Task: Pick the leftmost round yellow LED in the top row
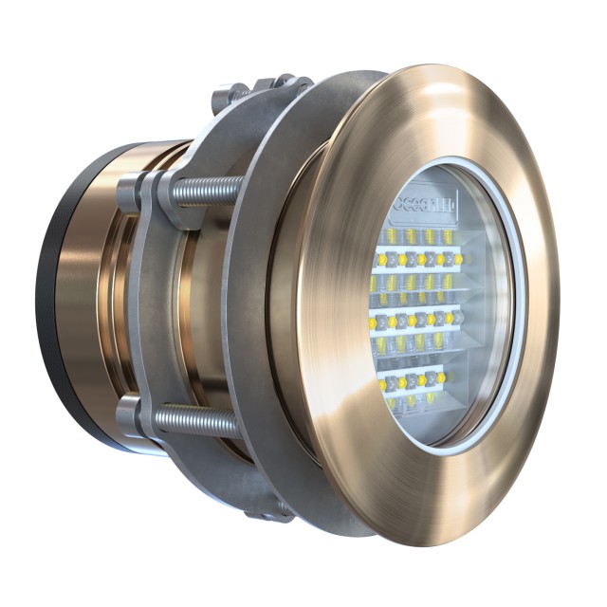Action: coord(383,259)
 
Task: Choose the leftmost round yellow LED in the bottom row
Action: coord(383,385)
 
